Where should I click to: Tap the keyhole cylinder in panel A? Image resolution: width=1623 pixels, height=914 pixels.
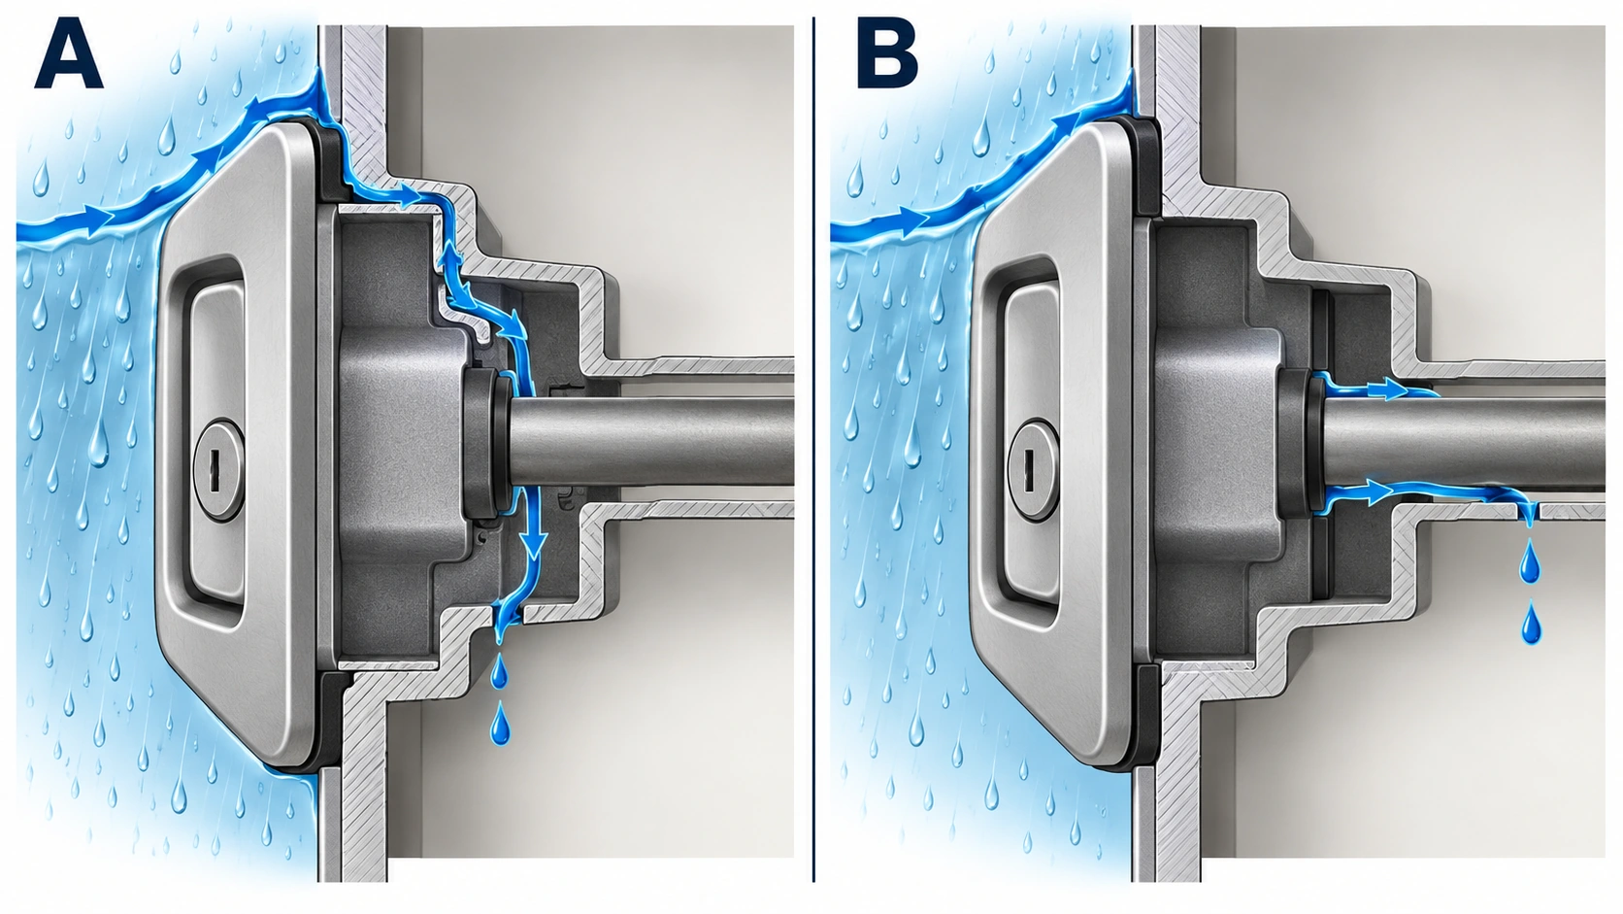click(218, 470)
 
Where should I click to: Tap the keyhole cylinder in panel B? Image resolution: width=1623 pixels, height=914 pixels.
click(1033, 470)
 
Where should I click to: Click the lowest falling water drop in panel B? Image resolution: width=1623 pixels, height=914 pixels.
click(1530, 625)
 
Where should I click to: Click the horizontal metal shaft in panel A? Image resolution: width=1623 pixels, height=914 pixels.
click(652, 442)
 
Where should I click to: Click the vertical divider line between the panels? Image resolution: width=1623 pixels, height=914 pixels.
click(813, 450)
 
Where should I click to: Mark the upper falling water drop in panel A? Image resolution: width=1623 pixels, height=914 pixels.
click(499, 673)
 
